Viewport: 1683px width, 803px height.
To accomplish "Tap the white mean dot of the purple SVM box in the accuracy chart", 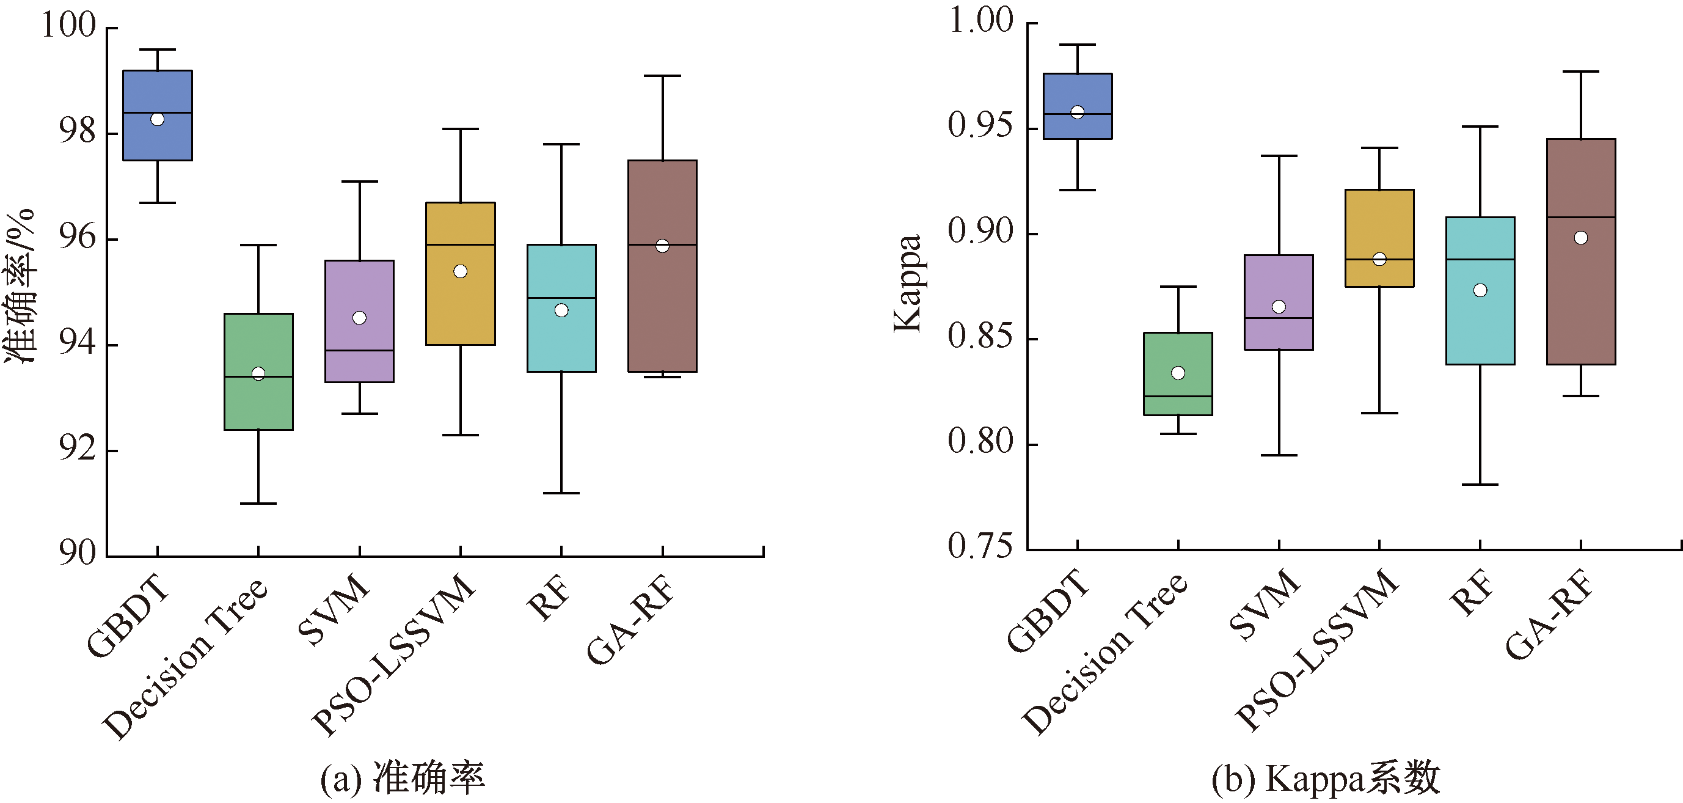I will click(359, 318).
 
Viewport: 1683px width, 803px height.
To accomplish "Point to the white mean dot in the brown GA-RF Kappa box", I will click(1580, 238).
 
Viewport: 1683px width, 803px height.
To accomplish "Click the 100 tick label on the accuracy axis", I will click(68, 26).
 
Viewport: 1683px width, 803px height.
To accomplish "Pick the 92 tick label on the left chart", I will click(77, 449).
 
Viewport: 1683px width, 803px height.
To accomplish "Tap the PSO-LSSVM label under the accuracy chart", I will click(395, 653).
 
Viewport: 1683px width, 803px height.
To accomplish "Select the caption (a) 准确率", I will click(403, 777).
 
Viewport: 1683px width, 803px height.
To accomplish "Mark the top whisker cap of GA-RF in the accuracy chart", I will click(662, 76).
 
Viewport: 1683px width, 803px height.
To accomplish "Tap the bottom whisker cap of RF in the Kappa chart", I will click(1480, 484).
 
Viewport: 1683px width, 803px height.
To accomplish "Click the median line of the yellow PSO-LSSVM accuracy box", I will click(461, 244).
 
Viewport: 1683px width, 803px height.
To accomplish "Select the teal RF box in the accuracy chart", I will click(561, 340).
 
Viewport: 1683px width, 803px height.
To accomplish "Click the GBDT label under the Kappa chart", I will click(1049, 611).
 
